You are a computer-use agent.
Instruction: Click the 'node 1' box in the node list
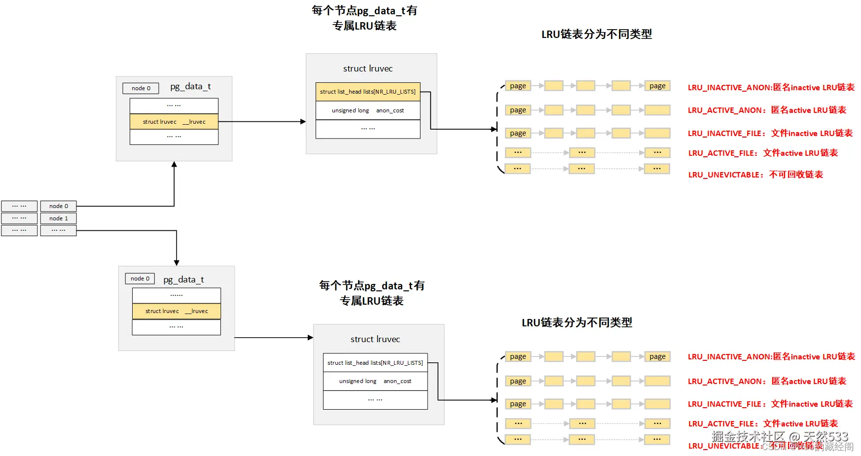tap(58, 218)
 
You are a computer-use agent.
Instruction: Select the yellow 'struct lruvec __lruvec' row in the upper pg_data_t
tap(174, 122)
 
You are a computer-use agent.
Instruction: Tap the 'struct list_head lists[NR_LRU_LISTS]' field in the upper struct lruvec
tap(368, 92)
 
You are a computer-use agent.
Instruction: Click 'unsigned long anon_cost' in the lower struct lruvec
tap(375, 381)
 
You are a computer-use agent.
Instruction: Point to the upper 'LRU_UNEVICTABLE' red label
tap(755, 175)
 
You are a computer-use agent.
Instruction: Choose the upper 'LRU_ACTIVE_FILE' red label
tap(763, 153)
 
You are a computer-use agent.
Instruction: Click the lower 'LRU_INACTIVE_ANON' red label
tap(771, 356)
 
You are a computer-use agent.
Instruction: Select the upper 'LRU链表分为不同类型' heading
tap(596, 34)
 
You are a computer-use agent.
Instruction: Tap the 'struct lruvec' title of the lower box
tap(375, 339)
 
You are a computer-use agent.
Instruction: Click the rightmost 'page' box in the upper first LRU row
tap(657, 86)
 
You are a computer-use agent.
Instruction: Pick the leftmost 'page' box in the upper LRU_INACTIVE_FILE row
tap(518, 133)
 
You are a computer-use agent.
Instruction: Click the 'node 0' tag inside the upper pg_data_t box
tap(141, 88)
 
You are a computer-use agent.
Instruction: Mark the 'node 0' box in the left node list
tap(58, 206)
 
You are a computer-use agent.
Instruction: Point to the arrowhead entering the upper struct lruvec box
tap(303, 121)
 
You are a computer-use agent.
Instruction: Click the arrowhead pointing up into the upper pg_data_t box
tap(174, 165)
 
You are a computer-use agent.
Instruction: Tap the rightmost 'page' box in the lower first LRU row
tap(657, 356)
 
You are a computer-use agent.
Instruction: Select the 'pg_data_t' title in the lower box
tap(183, 280)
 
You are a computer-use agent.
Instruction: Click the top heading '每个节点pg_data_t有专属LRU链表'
tap(364, 18)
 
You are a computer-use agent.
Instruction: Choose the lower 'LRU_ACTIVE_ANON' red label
tap(767, 381)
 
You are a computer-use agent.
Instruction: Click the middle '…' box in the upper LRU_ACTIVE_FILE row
tap(582, 153)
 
